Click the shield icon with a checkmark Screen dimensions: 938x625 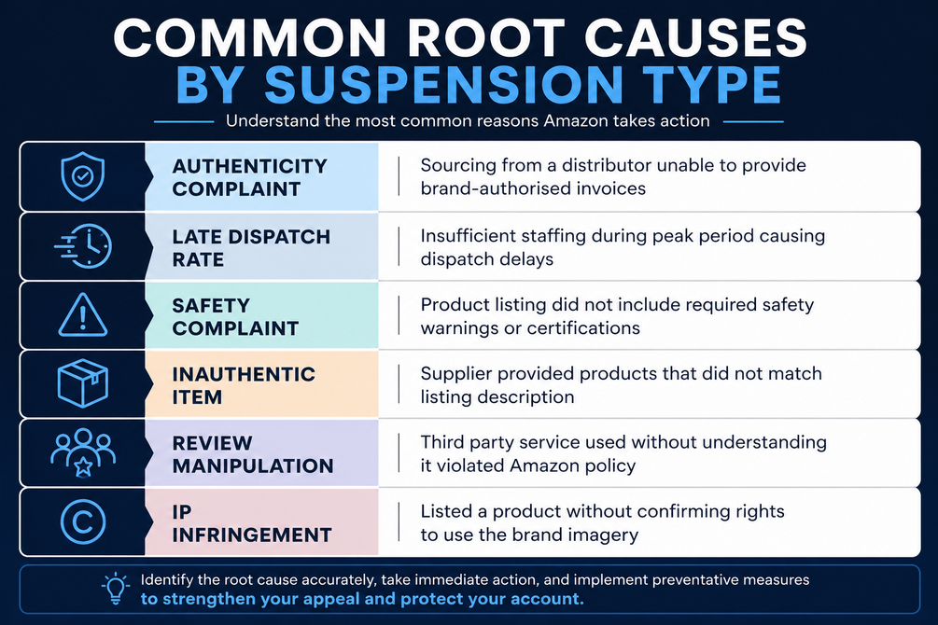coord(82,176)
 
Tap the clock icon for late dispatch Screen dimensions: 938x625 coord(84,246)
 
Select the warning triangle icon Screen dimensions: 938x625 coord(83,315)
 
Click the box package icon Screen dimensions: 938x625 coord(82,383)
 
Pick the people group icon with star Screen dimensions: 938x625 coord(83,452)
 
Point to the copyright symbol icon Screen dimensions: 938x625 coord(83,521)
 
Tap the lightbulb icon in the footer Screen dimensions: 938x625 coord(116,590)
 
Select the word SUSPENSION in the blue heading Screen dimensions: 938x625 coord(444,84)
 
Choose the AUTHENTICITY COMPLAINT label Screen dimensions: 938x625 coord(249,177)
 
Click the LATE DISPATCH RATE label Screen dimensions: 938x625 coord(251,247)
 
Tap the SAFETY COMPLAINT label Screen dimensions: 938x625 coord(235,317)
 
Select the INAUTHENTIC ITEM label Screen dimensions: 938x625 coord(244,385)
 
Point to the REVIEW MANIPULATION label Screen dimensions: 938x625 coord(252,454)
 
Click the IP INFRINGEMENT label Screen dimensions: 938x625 coord(252,523)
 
